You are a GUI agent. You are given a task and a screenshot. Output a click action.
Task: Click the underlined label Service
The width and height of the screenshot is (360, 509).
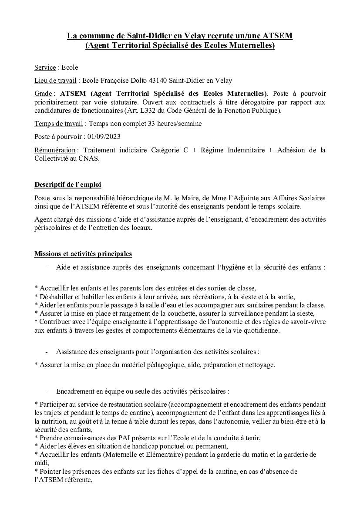(45, 67)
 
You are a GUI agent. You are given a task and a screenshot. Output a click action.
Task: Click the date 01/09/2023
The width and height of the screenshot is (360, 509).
(104, 137)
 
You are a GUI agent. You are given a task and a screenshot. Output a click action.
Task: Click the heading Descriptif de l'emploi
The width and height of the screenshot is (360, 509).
(67, 185)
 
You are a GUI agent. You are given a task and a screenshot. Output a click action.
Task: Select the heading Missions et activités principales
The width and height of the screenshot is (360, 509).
(83, 254)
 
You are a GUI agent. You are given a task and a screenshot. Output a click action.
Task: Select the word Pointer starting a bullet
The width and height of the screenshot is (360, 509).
(51, 472)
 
